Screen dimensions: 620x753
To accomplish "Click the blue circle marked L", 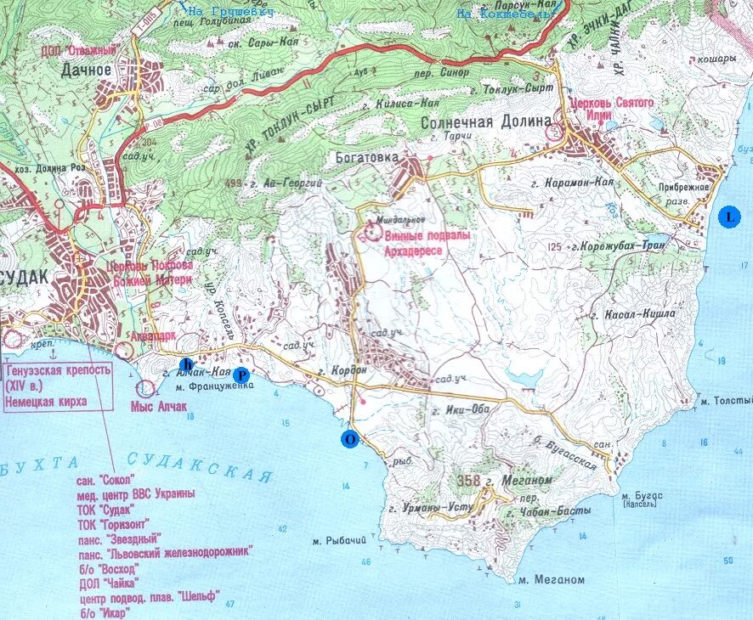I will (x=728, y=216).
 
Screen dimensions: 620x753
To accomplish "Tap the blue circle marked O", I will (x=348, y=439).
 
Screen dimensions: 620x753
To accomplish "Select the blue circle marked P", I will (x=241, y=375).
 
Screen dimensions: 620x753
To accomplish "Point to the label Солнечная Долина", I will (x=486, y=121).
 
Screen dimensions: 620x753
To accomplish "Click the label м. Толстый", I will (x=724, y=399).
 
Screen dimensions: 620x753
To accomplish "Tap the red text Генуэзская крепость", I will (x=58, y=372).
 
